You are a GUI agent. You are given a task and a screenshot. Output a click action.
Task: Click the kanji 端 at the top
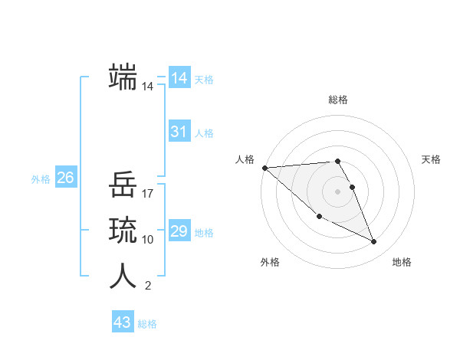[123, 77]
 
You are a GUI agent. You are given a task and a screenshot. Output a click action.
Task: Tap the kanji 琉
[123, 231]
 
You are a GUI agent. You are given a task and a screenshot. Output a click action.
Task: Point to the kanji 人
[123, 277]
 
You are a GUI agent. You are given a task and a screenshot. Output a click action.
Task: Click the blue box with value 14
[179, 78]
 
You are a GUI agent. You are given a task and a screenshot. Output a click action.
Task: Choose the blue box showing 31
[179, 132]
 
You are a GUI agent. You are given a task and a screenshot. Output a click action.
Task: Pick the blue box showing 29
[179, 231]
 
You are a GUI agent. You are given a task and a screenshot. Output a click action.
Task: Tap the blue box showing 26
[65, 178]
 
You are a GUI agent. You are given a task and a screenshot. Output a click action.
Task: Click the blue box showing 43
[123, 322]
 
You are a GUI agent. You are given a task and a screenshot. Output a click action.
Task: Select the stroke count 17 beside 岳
[148, 194]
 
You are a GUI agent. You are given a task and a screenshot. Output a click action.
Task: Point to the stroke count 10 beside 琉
[148, 240]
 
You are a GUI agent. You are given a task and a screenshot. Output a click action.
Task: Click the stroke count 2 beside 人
[148, 286]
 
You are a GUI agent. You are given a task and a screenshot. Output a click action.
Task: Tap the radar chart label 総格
[338, 100]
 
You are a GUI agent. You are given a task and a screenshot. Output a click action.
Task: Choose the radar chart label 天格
[432, 159]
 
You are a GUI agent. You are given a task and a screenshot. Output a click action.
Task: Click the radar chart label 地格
[402, 262]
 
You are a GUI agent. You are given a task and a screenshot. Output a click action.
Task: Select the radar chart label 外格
[270, 262]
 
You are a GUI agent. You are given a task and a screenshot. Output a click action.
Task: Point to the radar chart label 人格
[245, 159]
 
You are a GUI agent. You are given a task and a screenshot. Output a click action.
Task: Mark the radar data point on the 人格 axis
[264, 168]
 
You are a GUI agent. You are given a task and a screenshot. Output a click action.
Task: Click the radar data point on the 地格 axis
[374, 241]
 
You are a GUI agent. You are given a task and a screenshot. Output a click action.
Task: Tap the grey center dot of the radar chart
[338, 191]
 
